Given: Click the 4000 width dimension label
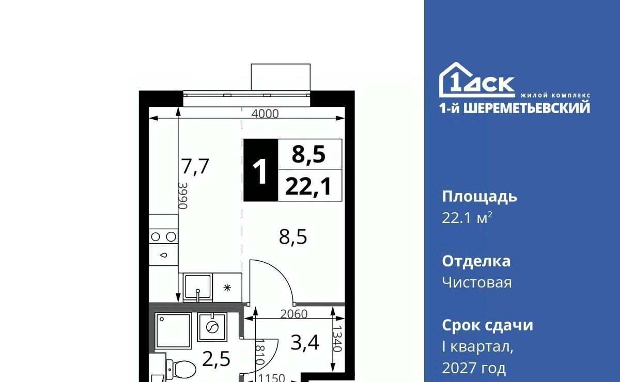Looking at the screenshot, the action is click(x=265, y=114).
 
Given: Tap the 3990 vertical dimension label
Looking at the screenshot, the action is click(x=183, y=196).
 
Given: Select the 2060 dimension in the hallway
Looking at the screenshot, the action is click(x=294, y=314).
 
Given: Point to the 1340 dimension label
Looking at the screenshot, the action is click(x=337, y=338).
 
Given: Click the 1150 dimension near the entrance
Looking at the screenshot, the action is click(x=272, y=378).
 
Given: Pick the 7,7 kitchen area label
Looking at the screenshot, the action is click(x=195, y=167).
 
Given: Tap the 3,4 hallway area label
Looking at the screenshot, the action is click(x=305, y=342).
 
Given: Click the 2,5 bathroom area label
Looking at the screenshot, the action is click(x=216, y=359).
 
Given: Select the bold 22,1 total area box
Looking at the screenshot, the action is click(x=310, y=185).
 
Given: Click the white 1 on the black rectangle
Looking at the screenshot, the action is click(x=260, y=171).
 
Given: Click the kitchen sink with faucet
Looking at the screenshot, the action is click(x=197, y=288).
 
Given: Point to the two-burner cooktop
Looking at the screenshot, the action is click(x=163, y=236).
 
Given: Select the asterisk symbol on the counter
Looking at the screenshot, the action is click(x=227, y=288).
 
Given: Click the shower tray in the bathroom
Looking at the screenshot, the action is click(x=173, y=331).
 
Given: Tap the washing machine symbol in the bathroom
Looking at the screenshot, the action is click(x=212, y=327).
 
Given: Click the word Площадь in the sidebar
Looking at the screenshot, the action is click(x=479, y=197).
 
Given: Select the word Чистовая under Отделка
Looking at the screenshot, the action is click(x=477, y=283).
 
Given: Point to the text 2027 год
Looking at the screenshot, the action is click(x=474, y=368).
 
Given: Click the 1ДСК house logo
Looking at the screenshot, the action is click(x=476, y=79).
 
